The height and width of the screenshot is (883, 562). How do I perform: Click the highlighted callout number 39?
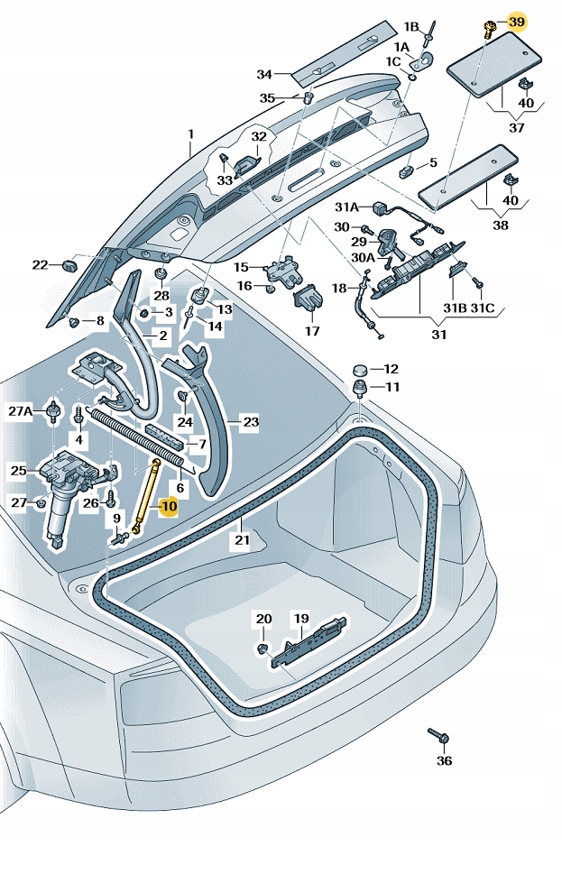516,21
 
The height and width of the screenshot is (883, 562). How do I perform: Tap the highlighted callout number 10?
169,506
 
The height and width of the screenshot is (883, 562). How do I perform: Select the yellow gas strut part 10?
147,496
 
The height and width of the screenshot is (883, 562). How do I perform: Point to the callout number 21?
242,540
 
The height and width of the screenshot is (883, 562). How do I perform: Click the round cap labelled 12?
359,370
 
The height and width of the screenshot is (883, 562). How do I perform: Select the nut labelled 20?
263,648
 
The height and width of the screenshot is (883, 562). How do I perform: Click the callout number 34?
264,74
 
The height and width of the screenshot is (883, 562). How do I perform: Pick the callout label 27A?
21,411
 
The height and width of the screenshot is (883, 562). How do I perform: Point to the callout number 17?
312,331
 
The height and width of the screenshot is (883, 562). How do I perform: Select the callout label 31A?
347,206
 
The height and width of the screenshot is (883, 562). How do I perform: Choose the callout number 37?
517,128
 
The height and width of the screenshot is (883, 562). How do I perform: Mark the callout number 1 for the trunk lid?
191,136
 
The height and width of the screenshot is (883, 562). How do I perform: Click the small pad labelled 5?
408,169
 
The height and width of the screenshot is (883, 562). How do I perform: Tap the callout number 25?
19,470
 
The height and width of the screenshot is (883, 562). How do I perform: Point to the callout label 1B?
411,26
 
